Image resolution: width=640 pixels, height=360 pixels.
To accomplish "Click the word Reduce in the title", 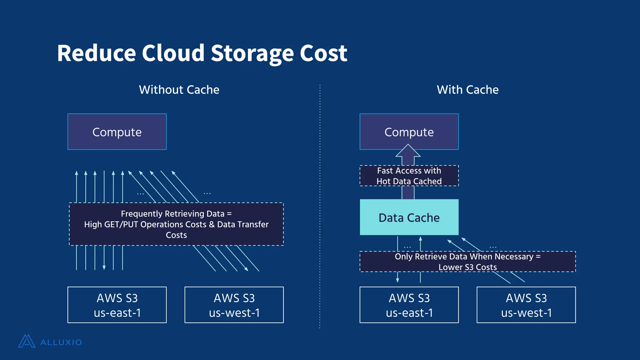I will pos(96,53).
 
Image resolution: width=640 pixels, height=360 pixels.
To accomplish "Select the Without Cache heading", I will pos(179,90).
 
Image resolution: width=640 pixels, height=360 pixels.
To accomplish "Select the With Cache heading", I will pos(467,90).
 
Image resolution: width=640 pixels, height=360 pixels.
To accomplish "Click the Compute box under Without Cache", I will pos(117,132).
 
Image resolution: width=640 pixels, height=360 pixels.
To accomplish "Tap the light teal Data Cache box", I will pos(409,217).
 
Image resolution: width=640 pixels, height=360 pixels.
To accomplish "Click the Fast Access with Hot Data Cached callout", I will pos(409,176).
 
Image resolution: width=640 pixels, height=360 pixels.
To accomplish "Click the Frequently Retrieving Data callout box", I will pos(176,224).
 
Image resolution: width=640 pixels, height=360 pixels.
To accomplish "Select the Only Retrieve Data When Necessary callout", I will pos(467,262).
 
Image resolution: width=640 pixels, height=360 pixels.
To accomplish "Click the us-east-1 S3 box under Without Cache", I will pos(117,305).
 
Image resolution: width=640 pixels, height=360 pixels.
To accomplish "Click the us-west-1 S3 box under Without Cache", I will pos(234,305).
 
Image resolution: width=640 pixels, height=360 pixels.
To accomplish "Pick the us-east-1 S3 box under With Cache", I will pos(409,305).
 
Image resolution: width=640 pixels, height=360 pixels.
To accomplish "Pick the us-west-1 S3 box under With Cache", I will pos(526,305).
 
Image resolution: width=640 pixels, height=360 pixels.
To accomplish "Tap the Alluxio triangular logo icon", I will pos(27,341).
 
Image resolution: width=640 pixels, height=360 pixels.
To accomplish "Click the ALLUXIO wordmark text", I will pos(61,342).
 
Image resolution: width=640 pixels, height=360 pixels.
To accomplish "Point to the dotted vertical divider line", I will pos(320,206).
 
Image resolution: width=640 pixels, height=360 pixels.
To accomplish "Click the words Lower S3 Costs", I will pos(467,267).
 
